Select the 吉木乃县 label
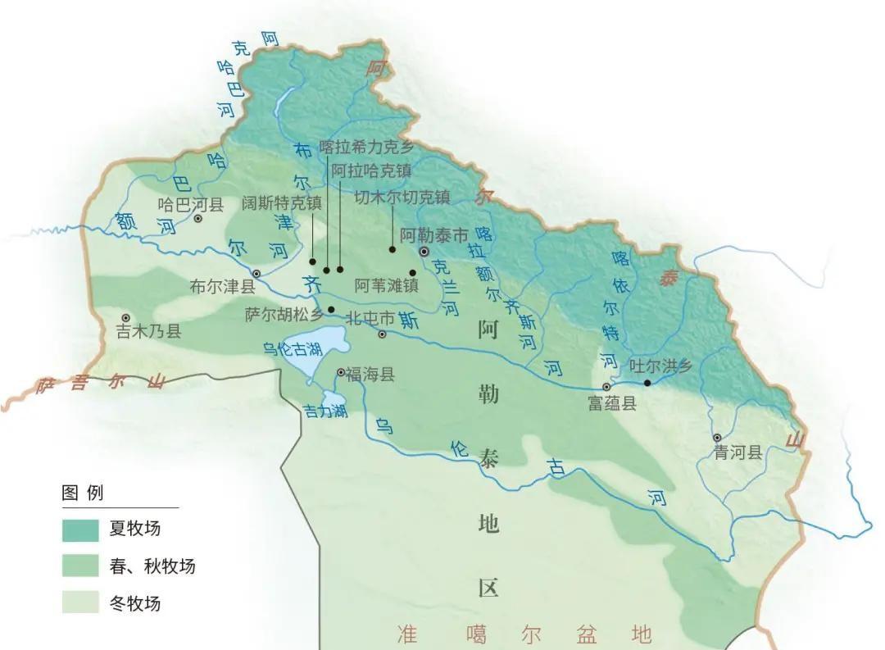pos(148,331)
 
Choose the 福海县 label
pos(370,375)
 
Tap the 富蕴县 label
pos(612,402)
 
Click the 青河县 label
pos(737,452)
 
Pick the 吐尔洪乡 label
pos(660,366)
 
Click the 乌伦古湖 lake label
pos(292,349)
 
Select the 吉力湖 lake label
pos(324,411)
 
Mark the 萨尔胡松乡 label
pos(284,314)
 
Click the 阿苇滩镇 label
pos(386,286)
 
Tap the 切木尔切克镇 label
pos(402,198)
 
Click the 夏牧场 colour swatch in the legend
pos(80,529)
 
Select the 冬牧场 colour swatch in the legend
pos(80,602)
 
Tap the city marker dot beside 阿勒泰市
pos(424,252)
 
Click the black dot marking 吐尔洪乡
pos(647,383)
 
